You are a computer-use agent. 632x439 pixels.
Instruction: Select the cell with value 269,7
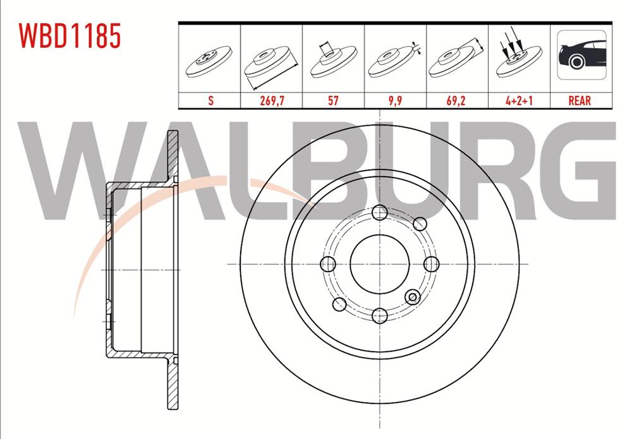tap(271, 100)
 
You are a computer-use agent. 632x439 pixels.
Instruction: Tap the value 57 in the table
tap(332, 100)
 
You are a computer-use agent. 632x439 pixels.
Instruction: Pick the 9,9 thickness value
tap(394, 100)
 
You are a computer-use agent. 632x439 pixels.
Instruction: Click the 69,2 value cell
tap(456, 100)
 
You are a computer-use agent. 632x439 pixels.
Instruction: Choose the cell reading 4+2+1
tap(518, 100)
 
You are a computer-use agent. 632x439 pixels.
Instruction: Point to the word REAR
tap(580, 100)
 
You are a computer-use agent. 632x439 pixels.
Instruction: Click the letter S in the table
tap(209, 100)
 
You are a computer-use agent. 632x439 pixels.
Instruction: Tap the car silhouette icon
tap(581, 55)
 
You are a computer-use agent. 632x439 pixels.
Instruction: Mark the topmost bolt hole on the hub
tap(379, 212)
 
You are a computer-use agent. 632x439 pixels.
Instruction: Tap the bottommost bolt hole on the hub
tap(379, 315)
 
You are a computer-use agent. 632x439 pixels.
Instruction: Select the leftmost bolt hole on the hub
tap(328, 263)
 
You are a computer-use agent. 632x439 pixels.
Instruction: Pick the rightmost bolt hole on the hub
tap(431, 263)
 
